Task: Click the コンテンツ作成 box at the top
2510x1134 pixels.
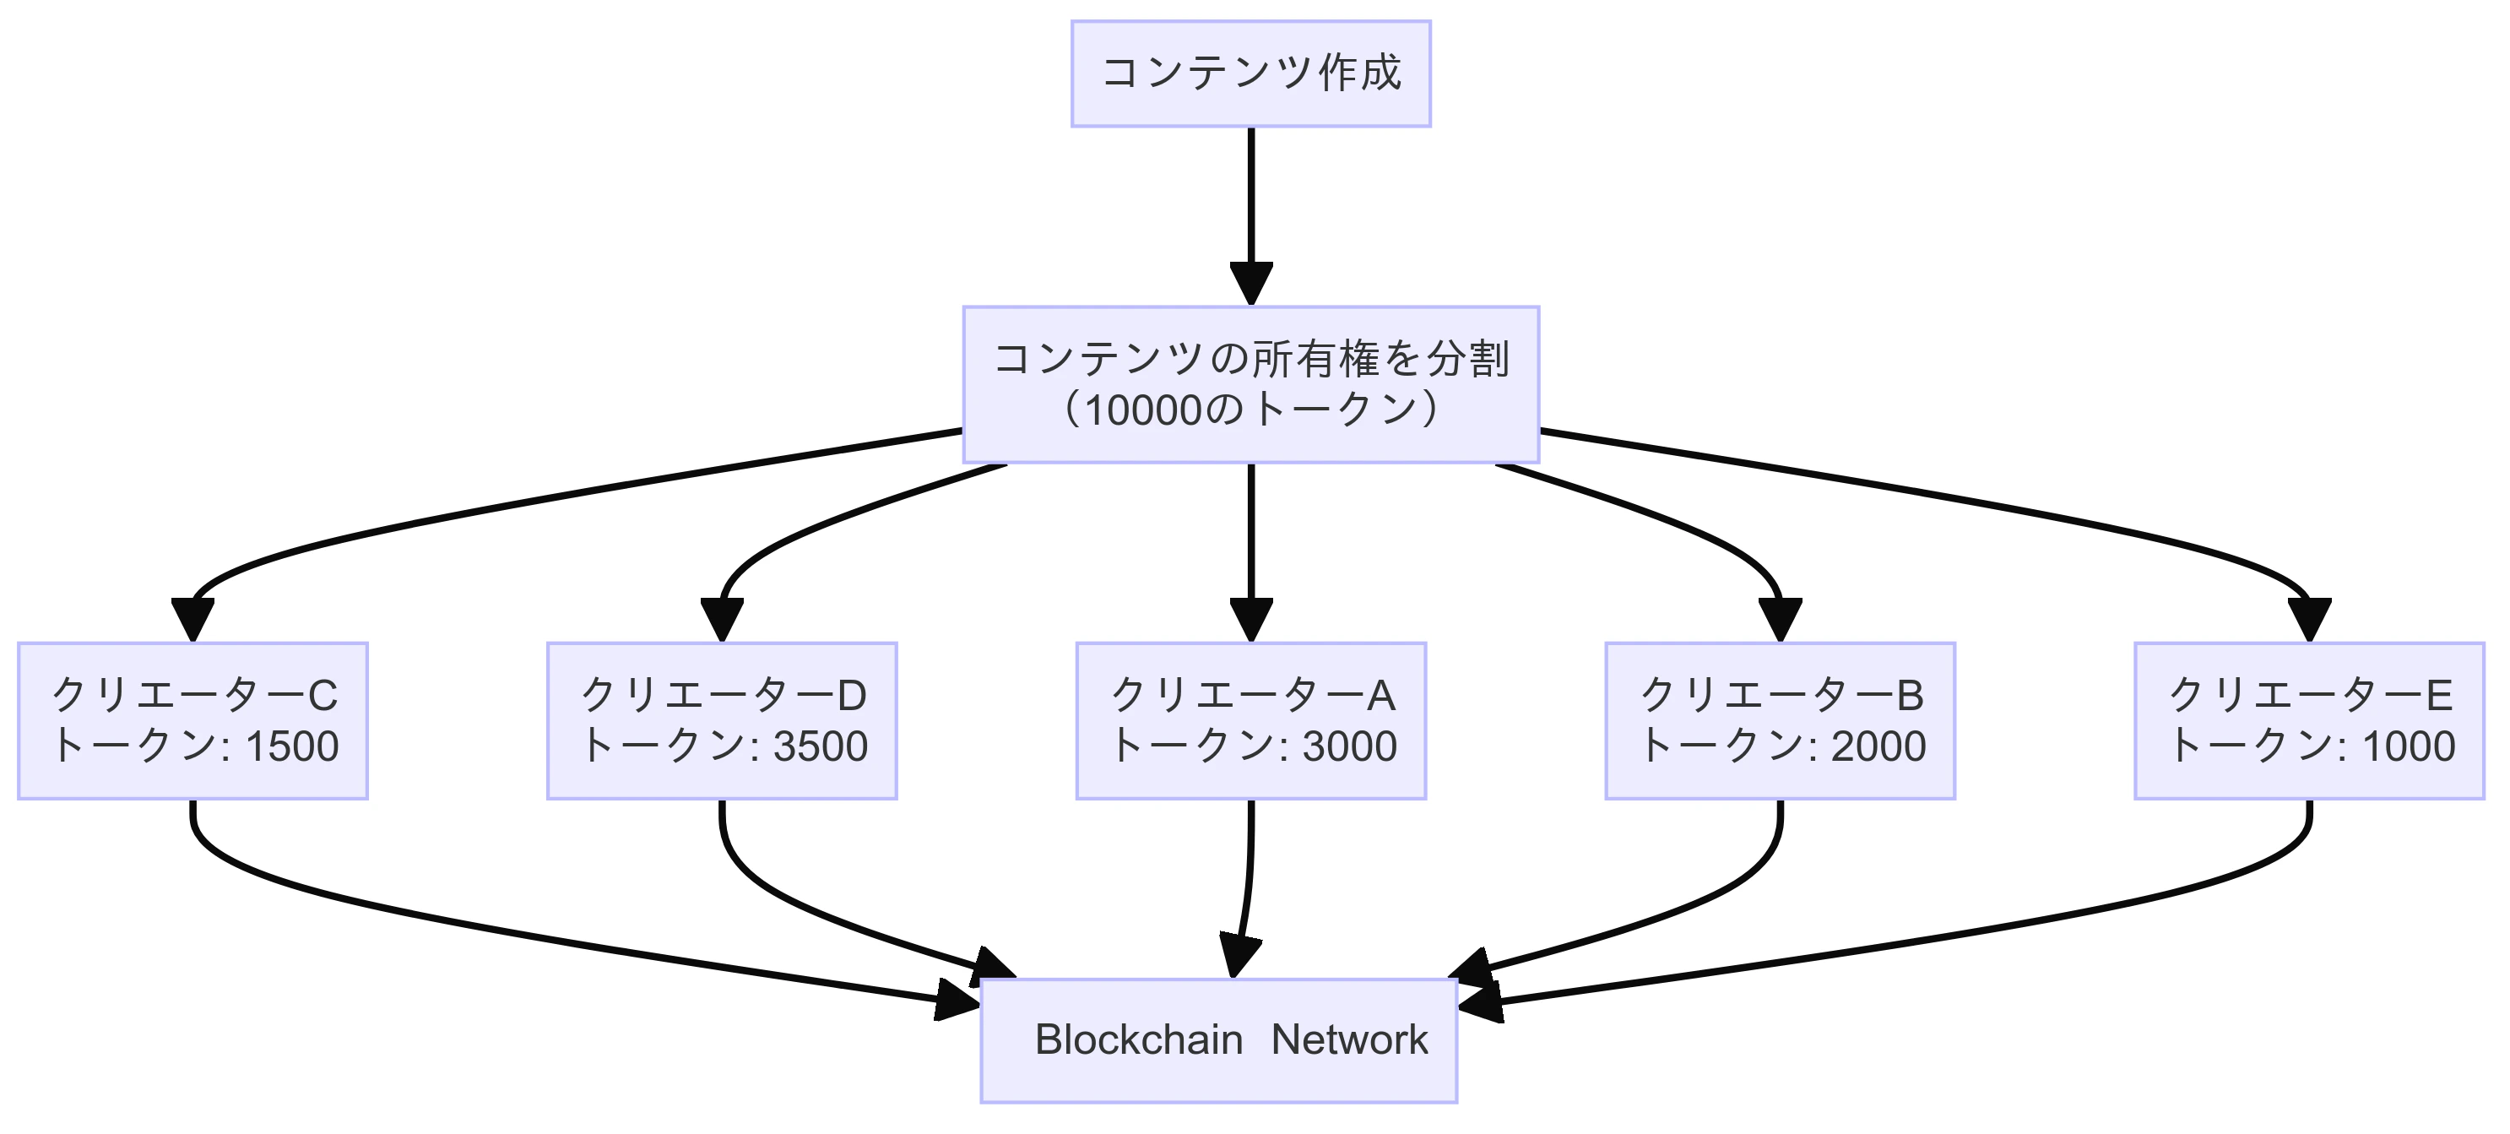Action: (x=1250, y=73)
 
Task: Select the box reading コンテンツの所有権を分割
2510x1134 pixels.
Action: (x=1250, y=359)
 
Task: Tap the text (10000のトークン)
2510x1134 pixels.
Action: (x=1250, y=410)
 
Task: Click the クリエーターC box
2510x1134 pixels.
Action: (x=193, y=720)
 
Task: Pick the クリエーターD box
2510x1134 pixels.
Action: (x=721, y=720)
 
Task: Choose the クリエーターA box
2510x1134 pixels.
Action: (x=1250, y=720)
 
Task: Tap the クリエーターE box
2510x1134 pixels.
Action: (x=2308, y=720)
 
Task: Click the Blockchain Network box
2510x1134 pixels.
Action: (x=1218, y=1039)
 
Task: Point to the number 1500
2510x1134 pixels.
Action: (x=291, y=746)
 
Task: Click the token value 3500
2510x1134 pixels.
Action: (x=821, y=746)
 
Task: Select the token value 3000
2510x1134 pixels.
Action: (x=1349, y=746)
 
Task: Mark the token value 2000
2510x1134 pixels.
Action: (x=1878, y=746)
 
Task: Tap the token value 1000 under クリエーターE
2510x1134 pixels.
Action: (x=2409, y=746)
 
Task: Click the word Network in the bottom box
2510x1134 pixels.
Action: (x=1348, y=1039)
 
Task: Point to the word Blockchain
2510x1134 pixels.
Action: (x=1138, y=1039)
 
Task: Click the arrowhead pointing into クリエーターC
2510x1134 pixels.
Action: (x=193, y=619)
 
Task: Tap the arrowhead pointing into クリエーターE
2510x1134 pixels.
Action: (x=2308, y=619)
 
